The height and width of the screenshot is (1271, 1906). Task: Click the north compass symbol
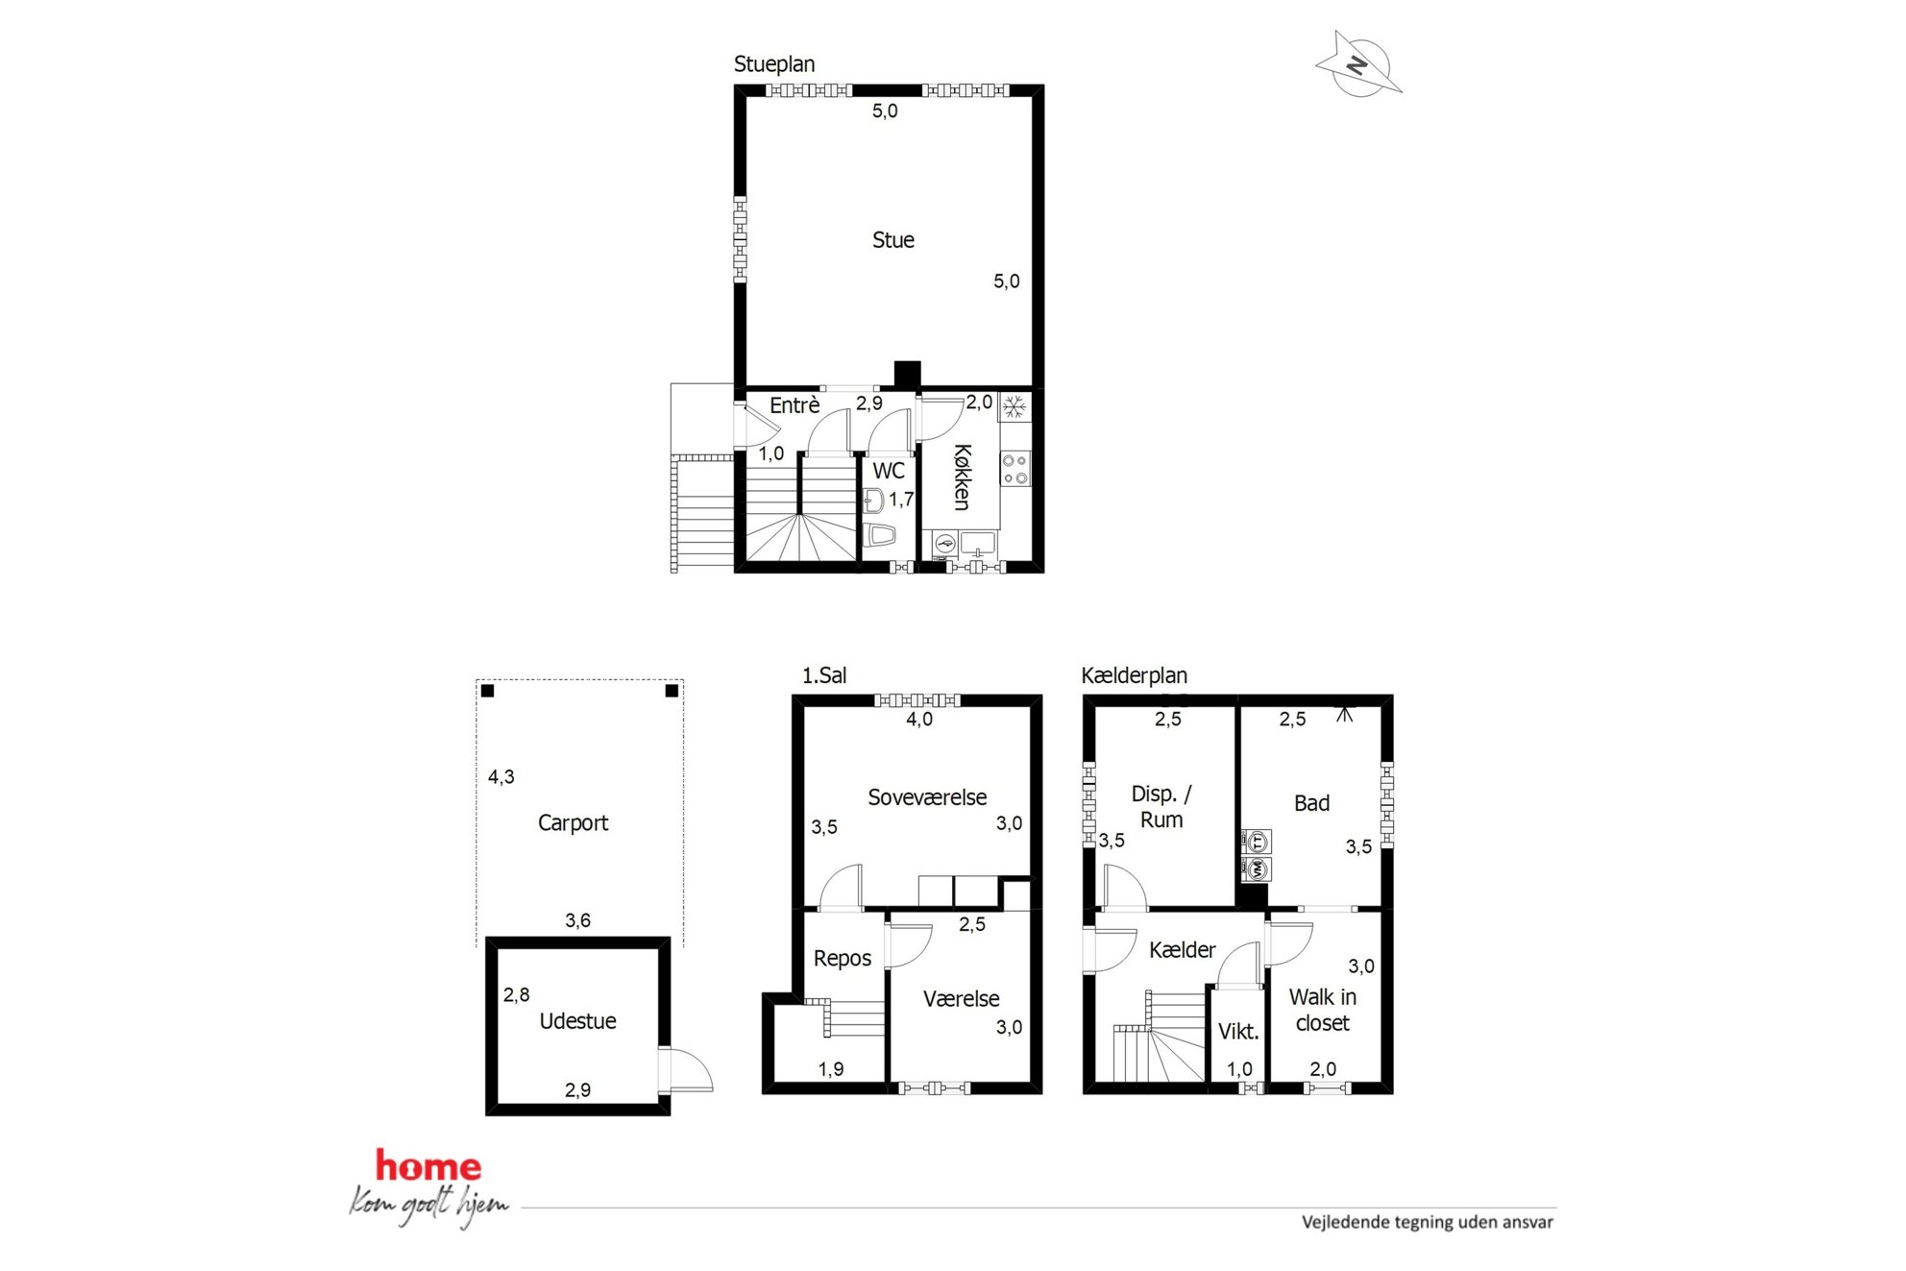(1358, 64)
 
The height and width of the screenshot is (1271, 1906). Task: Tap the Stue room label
(892, 240)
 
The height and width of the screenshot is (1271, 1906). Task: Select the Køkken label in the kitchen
(962, 477)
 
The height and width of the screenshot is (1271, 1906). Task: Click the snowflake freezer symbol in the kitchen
(1014, 407)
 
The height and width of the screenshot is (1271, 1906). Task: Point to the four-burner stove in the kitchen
(1014, 469)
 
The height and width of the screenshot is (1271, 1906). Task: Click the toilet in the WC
(879, 535)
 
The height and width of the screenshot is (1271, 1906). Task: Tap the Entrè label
(794, 405)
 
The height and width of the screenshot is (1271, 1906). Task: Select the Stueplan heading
(774, 64)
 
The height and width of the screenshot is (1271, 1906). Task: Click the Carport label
(573, 823)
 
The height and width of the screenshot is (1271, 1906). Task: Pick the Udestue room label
(577, 1021)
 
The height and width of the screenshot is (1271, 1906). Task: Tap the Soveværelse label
(927, 797)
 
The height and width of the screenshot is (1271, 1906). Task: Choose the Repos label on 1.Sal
(843, 959)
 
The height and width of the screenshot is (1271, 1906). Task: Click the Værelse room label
(961, 999)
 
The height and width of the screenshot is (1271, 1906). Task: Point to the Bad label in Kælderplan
(1311, 803)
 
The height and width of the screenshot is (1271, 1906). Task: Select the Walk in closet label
(1323, 1011)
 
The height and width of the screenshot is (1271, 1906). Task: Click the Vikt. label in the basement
(1238, 1032)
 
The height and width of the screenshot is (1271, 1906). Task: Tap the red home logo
(428, 1166)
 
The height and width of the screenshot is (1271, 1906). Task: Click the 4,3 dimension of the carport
(501, 777)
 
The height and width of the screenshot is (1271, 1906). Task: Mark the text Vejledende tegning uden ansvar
(1428, 1223)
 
